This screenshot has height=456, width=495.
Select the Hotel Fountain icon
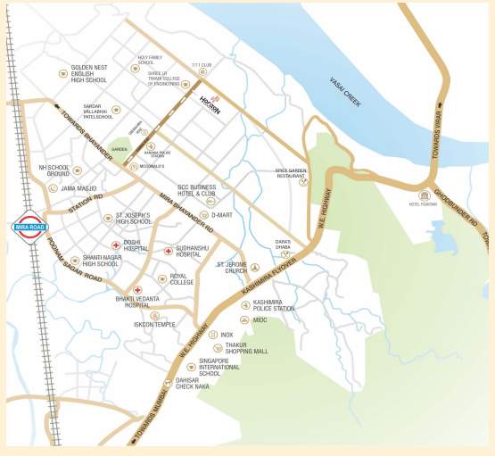pos(425,195)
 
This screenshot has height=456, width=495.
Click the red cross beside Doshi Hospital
pos(115,245)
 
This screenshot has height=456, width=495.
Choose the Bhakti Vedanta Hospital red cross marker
pos(137,290)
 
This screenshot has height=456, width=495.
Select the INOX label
pos(227,335)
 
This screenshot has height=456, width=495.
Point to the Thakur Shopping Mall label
pos(247,349)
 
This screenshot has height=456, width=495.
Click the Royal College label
pos(182,279)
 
